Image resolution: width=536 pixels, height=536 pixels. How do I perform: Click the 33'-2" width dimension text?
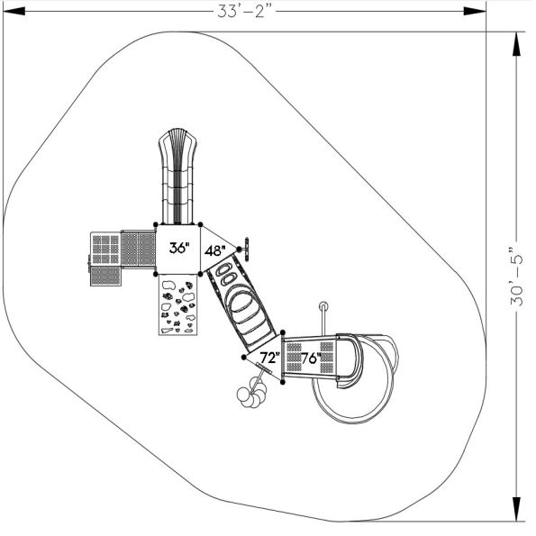click(247, 12)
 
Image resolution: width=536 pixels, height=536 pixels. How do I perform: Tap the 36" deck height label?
click(179, 248)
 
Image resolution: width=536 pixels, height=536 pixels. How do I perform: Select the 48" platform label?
click(215, 251)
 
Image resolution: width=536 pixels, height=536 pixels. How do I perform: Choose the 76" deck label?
click(311, 359)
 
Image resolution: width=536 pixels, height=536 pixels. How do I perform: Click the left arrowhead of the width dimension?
click(14, 12)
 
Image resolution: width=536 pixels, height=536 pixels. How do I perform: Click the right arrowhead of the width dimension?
click(475, 12)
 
